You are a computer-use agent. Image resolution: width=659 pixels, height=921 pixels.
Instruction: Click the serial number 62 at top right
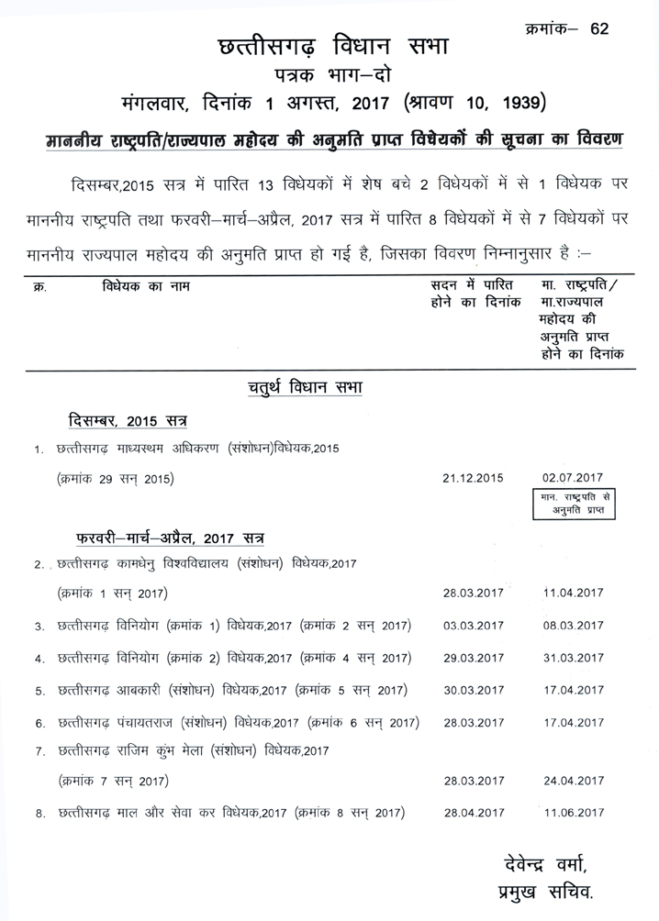(600, 28)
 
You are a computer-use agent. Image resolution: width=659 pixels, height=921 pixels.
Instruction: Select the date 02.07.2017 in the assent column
(573, 477)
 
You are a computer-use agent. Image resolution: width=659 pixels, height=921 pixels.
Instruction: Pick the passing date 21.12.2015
(474, 477)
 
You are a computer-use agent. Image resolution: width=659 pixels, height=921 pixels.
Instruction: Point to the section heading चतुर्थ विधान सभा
(295, 389)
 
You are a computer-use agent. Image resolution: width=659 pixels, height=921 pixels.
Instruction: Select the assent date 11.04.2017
(573, 593)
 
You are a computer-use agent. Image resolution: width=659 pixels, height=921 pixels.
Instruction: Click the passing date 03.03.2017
(474, 626)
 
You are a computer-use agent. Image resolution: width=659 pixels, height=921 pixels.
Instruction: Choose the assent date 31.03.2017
(573, 658)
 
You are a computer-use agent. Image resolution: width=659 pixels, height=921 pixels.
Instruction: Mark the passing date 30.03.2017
(474, 690)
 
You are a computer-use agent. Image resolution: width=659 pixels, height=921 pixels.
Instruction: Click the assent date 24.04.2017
(573, 781)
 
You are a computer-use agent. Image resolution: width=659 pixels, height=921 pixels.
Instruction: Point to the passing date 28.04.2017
(474, 813)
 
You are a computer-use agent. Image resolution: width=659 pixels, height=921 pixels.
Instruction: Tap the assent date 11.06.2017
(573, 813)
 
